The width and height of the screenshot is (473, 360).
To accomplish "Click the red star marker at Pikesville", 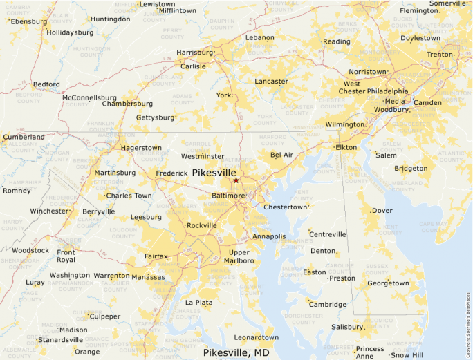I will click(236, 180).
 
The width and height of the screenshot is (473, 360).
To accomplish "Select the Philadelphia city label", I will click(387, 91).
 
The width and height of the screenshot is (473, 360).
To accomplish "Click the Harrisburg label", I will click(194, 53).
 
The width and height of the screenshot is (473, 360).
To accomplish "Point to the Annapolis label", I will click(269, 236).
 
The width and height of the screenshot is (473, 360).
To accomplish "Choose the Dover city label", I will click(382, 211).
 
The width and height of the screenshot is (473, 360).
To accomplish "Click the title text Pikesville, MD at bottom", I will click(236, 352).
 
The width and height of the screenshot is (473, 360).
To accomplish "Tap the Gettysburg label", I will click(155, 117).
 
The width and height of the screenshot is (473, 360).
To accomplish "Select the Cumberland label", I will click(24, 137).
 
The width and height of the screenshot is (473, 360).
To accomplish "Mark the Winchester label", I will click(49, 211).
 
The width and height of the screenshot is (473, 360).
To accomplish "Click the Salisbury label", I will click(347, 327).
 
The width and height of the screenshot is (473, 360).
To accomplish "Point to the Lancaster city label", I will click(271, 82).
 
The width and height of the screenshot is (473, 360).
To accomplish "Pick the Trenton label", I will click(439, 54).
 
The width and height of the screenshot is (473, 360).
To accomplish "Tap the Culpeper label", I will click(105, 316).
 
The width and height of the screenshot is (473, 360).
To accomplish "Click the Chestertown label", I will click(285, 207).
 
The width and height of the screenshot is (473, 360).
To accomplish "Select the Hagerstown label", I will click(141, 148).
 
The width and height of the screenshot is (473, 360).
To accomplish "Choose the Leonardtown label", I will click(256, 337).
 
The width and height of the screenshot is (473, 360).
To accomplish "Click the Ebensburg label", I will click(28, 21).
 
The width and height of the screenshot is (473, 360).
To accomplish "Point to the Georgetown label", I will click(388, 283).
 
